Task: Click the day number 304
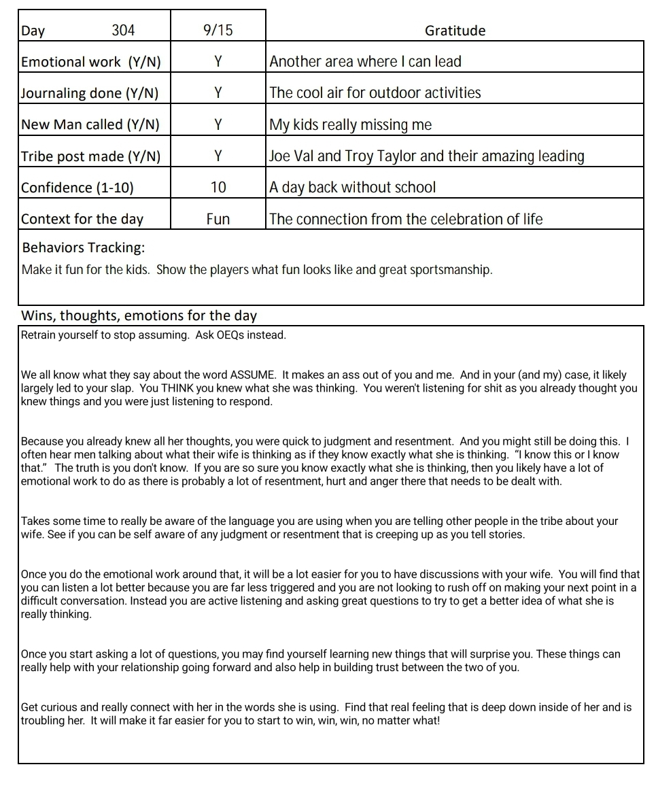[123, 30]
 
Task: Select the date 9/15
[218, 30]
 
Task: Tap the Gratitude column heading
[455, 30]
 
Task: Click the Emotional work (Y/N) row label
[91, 62]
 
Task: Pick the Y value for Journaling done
[218, 93]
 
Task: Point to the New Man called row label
[90, 124]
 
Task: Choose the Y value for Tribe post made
[218, 156]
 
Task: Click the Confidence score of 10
[218, 187]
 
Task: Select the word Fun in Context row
[218, 219]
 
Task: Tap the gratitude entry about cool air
[375, 93]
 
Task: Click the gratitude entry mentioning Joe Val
[426, 156]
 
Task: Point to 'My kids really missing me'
[351, 124]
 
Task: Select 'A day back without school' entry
[353, 187]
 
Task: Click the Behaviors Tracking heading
[84, 247]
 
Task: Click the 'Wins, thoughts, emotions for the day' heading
[139, 315]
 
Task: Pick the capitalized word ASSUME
[253, 375]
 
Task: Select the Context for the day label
[82, 219]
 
